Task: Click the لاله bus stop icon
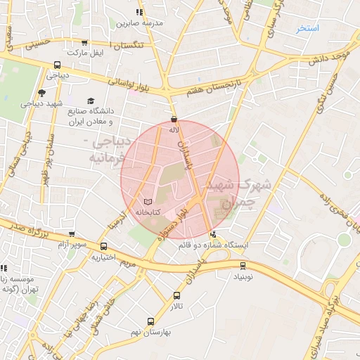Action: tap(174, 120)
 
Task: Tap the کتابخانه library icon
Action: tap(147, 202)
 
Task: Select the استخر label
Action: tap(307, 28)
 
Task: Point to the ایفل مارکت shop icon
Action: tap(85, 43)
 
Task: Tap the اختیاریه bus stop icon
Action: tap(104, 246)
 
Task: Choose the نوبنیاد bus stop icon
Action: tap(243, 266)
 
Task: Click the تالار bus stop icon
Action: tap(176, 296)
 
